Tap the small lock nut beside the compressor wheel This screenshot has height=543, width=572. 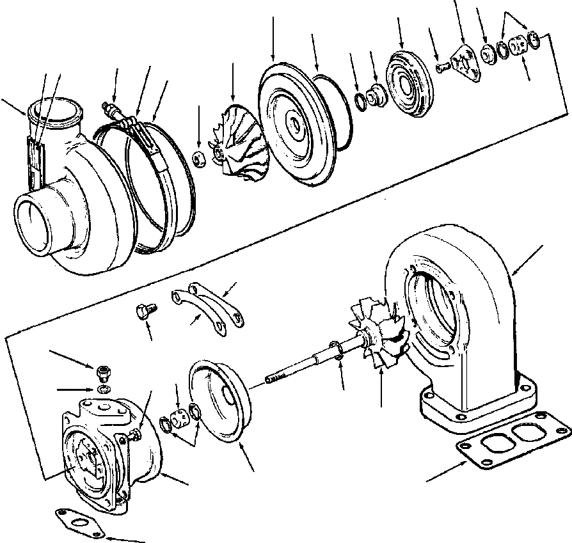pyautogui.click(x=199, y=158)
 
